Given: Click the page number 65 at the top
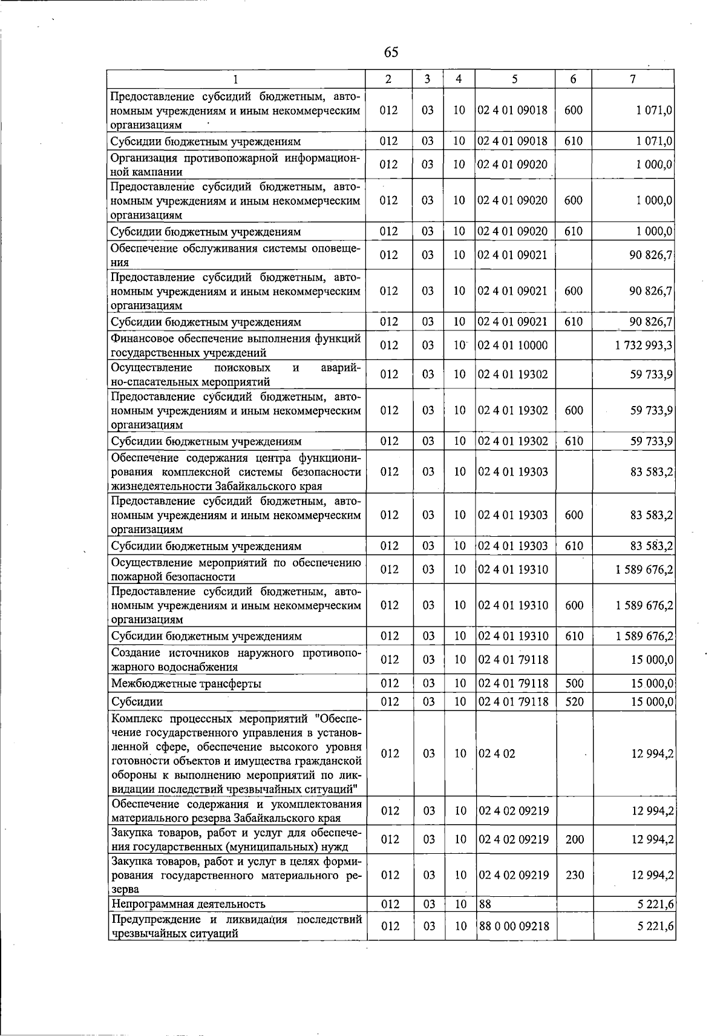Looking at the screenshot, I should click(391, 52).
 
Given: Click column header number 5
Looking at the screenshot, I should click(514, 79).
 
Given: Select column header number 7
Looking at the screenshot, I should click(632, 79).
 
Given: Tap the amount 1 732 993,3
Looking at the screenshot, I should click(644, 346).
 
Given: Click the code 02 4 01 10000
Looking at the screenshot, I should click(512, 346).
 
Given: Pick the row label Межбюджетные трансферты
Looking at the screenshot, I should click(186, 684).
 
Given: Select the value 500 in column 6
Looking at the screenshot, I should click(574, 684).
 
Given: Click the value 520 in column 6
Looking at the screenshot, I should click(574, 702).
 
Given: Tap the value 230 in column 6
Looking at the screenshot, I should click(574, 875).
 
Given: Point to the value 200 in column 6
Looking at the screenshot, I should click(574, 840).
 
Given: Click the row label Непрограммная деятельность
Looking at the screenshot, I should click(188, 905).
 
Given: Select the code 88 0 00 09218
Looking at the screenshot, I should click(514, 926).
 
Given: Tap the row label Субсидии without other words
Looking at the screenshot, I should click(137, 702).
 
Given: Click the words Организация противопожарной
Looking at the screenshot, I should click(191, 158).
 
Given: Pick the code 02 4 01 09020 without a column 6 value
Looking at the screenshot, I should click(512, 165).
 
